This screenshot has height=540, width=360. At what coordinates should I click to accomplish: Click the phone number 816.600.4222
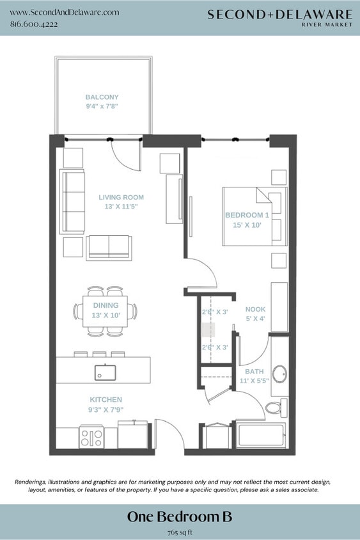coord(34,24)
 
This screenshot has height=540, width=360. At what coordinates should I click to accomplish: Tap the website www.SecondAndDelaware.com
coord(65,12)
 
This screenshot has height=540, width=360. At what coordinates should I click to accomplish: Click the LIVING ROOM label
coord(121,197)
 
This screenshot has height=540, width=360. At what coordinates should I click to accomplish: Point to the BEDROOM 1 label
coord(247,215)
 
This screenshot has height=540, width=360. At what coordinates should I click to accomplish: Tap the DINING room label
coord(106,306)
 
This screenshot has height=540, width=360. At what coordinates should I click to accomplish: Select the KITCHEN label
coord(106,399)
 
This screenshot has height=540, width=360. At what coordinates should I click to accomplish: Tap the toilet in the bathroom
coord(276,407)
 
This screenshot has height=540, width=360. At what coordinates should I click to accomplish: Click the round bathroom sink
coord(279,372)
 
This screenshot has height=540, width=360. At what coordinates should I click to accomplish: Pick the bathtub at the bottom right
coord(262,436)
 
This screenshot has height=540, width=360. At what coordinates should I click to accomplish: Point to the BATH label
coord(254,371)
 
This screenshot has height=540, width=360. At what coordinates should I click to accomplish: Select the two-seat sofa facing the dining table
coord(109,247)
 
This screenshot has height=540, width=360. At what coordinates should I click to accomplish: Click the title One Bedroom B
coord(180,516)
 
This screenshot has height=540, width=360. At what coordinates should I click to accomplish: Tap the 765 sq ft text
coord(180,531)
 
